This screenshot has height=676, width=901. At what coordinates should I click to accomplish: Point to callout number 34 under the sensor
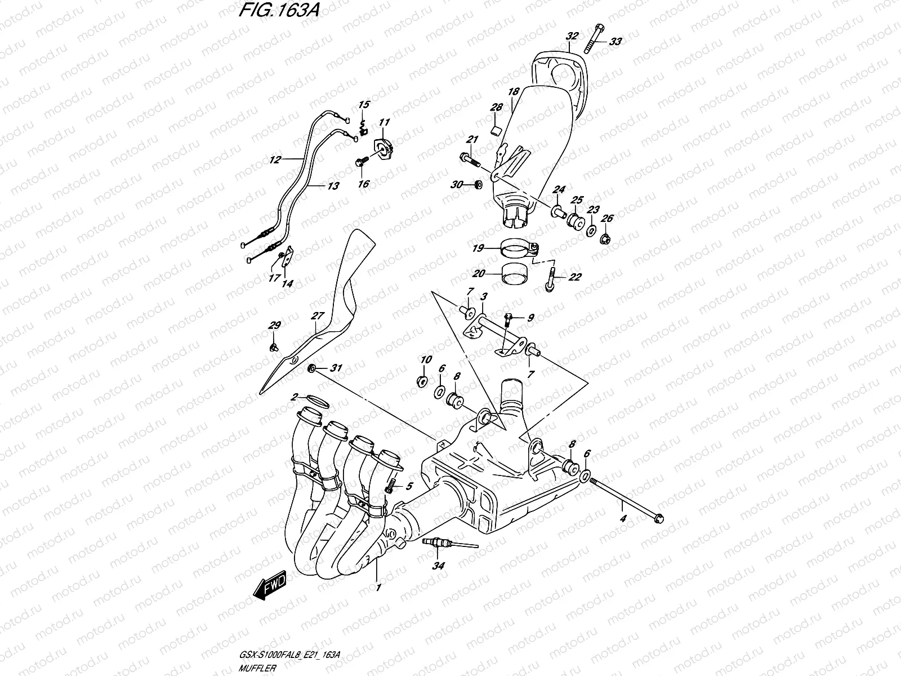438,566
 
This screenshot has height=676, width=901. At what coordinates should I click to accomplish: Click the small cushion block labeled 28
495,131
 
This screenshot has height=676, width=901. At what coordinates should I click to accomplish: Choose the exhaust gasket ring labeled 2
317,401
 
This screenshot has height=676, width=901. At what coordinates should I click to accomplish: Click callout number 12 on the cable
274,159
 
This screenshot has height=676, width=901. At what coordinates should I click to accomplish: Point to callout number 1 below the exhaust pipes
378,588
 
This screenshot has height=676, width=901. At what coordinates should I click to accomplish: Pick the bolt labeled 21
470,158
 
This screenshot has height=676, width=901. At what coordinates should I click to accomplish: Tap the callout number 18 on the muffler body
513,92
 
